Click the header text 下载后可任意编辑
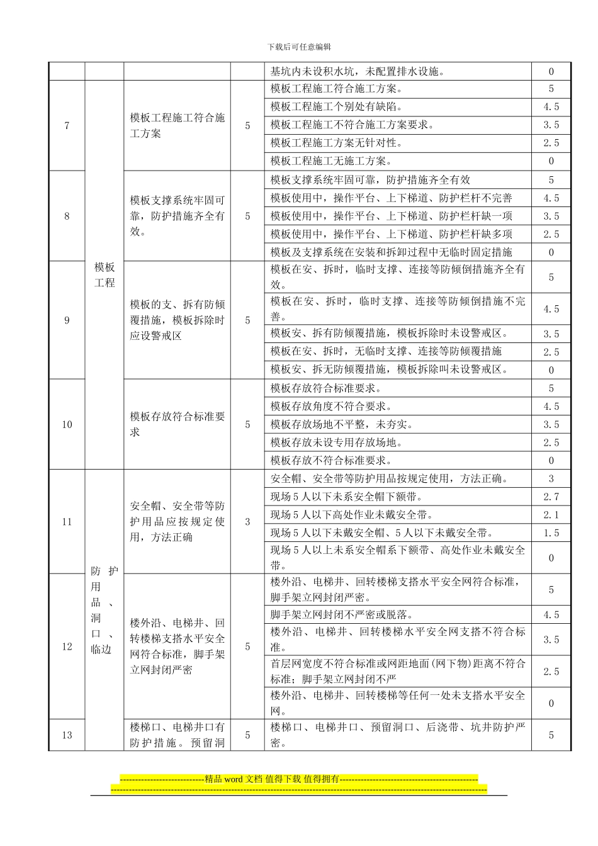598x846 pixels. click(x=299, y=47)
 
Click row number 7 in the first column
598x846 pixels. click(x=67, y=125)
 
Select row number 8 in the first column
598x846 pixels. click(x=67, y=216)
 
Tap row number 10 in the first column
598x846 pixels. click(x=67, y=424)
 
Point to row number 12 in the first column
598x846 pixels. click(x=67, y=646)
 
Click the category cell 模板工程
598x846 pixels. click(x=104, y=275)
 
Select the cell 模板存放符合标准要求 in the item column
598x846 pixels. click(x=177, y=424)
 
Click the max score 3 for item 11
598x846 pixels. click(x=247, y=522)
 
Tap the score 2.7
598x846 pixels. click(x=551, y=497)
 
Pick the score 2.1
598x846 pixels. click(x=551, y=515)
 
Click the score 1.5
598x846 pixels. click(x=551, y=533)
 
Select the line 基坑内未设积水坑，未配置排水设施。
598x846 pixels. click(x=358, y=72)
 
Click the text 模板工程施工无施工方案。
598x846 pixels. click(x=332, y=161)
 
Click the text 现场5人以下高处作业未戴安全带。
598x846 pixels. click(x=353, y=515)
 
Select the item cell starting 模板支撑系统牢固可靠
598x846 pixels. click(x=177, y=216)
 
